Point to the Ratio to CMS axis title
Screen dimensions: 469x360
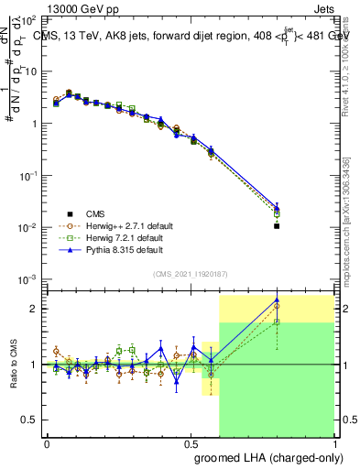[x=12, y=365]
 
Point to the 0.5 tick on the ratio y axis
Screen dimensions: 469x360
[x=29, y=420]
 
